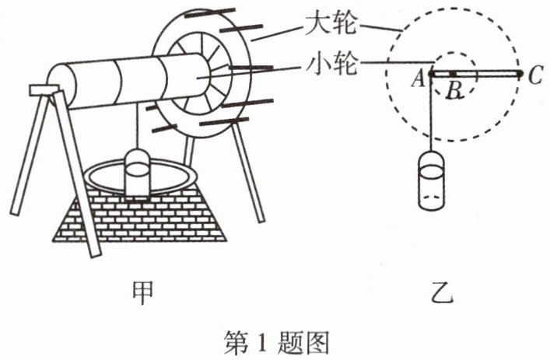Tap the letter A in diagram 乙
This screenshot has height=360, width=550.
click(x=418, y=76)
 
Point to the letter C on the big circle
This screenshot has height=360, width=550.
click(x=534, y=75)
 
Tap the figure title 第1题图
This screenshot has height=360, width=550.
click(x=276, y=340)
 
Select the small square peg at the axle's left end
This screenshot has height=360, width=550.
click(x=40, y=90)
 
